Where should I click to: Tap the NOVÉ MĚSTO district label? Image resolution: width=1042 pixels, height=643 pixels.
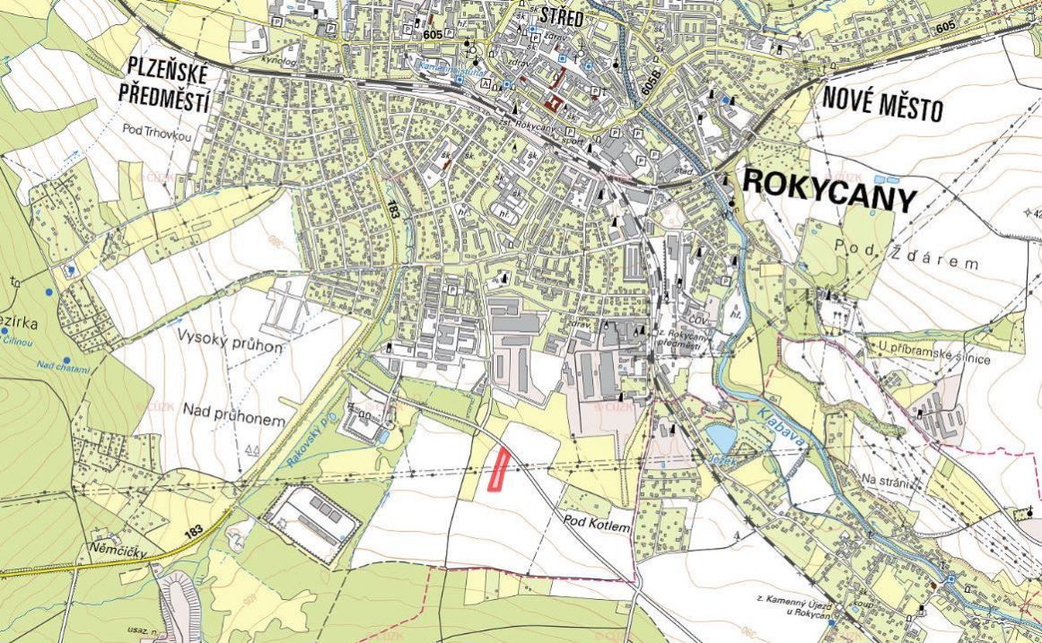[x=883, y=106]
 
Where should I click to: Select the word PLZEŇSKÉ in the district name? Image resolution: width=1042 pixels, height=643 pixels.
[x=169, y=68]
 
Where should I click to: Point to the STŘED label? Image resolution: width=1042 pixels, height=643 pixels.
[x=561, y=17]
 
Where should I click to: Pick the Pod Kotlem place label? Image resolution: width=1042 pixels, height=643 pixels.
[x=597, y=519]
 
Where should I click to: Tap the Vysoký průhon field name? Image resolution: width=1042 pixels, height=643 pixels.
[x=231, y=345]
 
